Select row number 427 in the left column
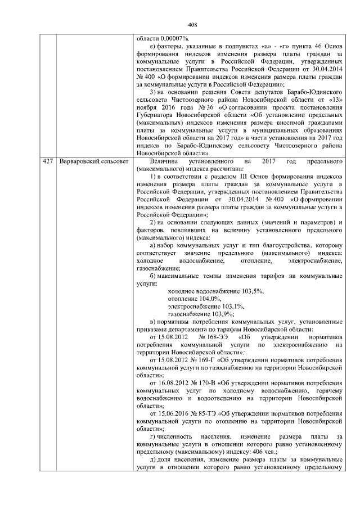click(48, 162)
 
